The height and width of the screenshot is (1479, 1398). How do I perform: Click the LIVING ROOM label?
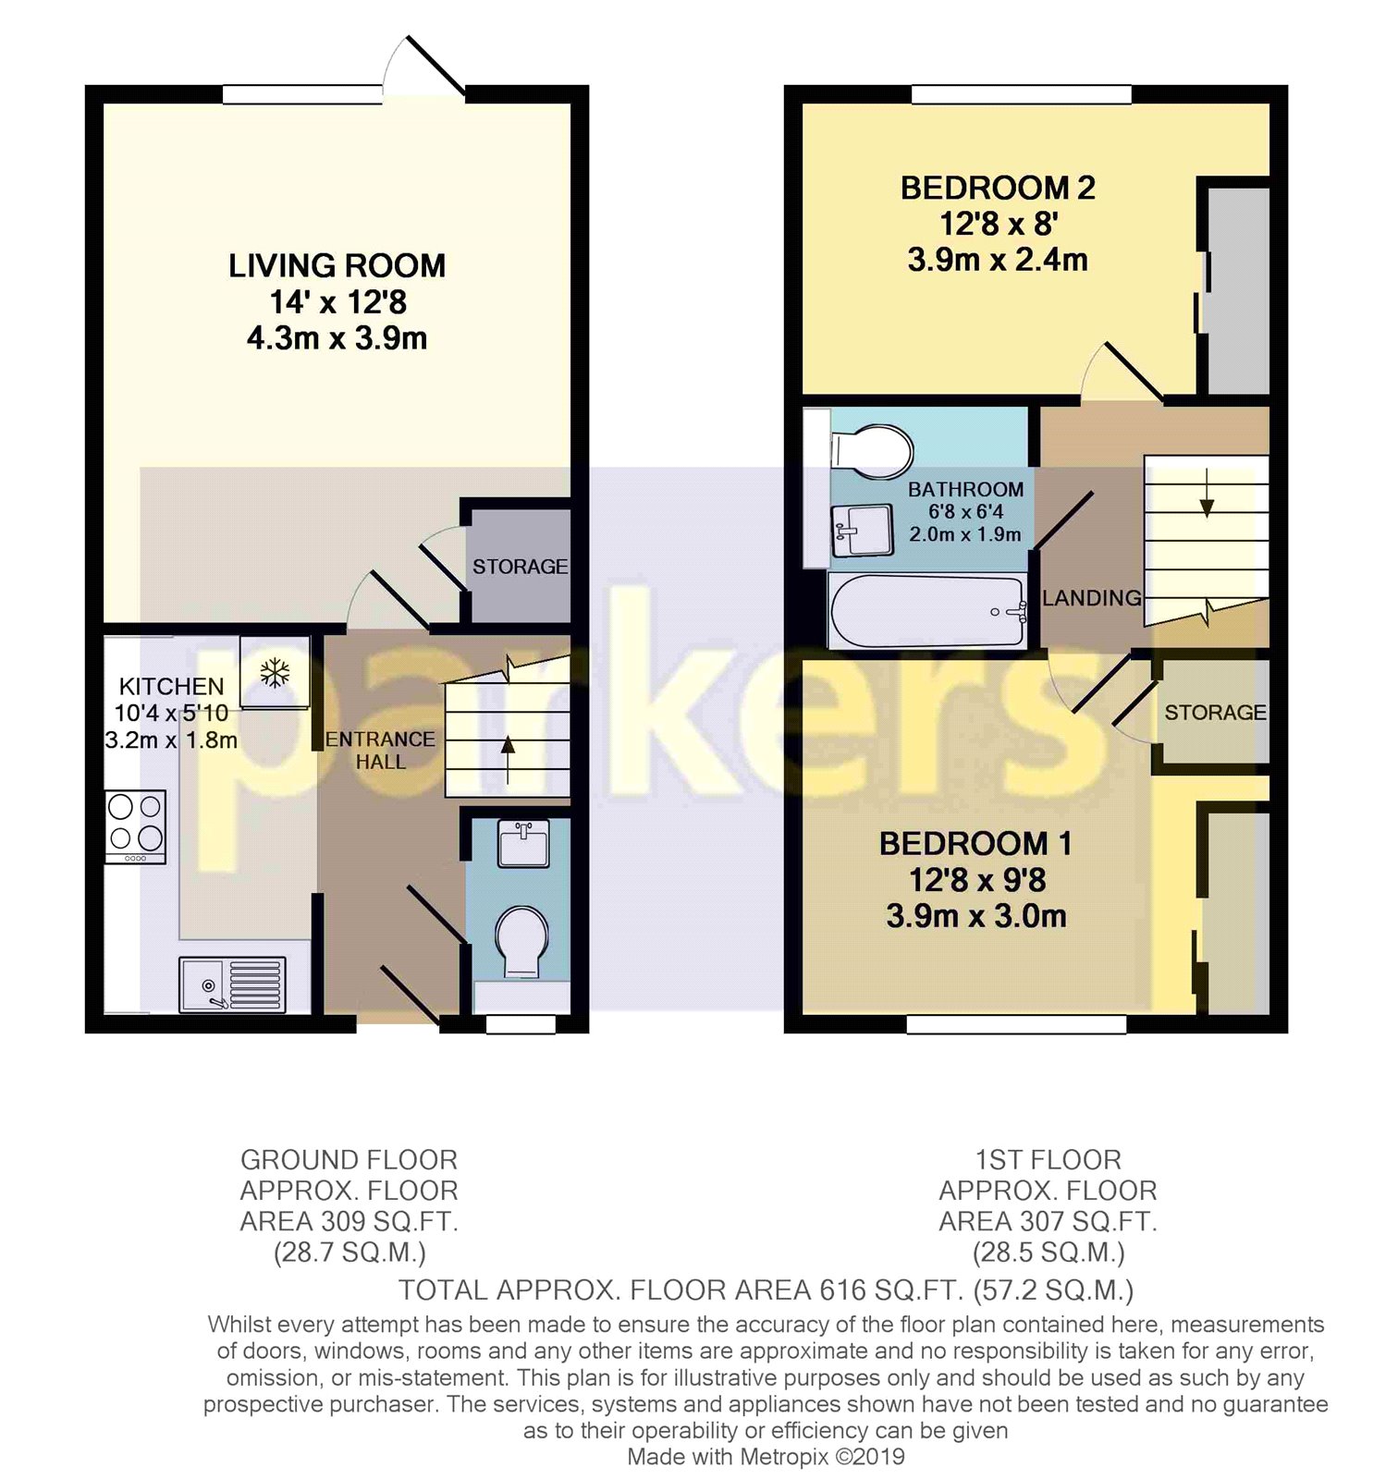pyautogui.click(x=337, y=266)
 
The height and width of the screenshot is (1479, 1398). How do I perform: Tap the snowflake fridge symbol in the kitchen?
pyautogui.click(x=275, y=672)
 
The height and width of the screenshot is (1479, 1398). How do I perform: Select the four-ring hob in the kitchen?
pyautogui.click(x=136, y=825)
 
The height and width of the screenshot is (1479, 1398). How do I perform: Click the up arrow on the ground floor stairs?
pyautogui.click(x=508, y=747)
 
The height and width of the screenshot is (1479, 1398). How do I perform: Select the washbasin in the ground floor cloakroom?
pyautogui.click(x=523, y=843)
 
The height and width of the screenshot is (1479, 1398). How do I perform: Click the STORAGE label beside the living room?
pyautogui.click(x=520, y=567)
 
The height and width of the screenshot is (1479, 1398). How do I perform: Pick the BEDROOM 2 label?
pyautogui.click(x=998, y=189)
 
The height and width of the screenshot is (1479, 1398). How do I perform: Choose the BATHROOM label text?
pyautogui.click(x=965, y=490)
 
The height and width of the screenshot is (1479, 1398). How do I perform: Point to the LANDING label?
pyautogui.click(x=1091, y=599)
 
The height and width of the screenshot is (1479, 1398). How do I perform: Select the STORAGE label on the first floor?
pyautogui.click(x=1215, y=713)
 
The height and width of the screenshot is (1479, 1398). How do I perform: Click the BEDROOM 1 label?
pyautogui.click(x=975, y=844)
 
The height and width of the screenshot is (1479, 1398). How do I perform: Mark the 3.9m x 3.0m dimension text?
pyautogui.click(x=975, y=917)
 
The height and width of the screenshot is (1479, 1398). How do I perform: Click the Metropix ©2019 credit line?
pyautogui.click(x=766, y=1458)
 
